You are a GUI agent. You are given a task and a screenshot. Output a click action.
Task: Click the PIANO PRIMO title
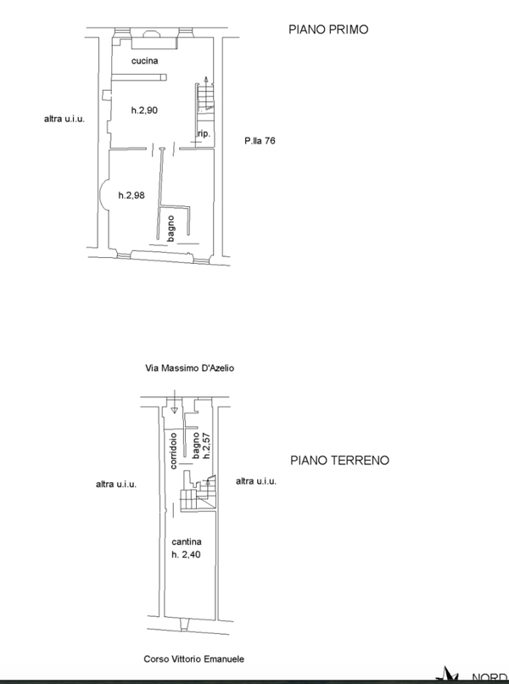pyautogui.click(x=328, y=30)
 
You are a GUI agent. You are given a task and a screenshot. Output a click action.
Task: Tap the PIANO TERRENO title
pyautogui.click(x=340, y=461)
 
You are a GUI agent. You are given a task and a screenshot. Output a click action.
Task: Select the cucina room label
pyautogui.click(x=145, y=61)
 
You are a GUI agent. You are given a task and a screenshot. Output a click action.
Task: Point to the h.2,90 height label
pyautogui.click(x=144, y=110)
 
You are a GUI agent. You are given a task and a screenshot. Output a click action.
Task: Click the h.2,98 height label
pyautogui.click(x=131, y=195)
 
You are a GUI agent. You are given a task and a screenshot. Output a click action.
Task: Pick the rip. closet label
pyautogui.click(x=204, y=134)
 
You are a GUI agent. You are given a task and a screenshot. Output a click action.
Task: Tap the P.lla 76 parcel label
pyautogui.click(x=260, y=141)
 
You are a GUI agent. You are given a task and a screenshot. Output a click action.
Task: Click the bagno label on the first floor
pyautogui.click(x=171, y=228)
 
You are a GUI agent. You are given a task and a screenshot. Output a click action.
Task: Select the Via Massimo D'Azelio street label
pyautogui.click(x=190, y=368)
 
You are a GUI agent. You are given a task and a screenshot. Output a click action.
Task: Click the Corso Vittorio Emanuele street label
pyautogui.click(x=194, y=659)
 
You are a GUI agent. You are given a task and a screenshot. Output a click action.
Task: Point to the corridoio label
pyautogui.click(x=173, y=451)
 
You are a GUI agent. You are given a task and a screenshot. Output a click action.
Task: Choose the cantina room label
pyautogui.click(x=187, y=541)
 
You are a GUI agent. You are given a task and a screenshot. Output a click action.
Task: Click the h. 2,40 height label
pyautogui.click(x=187, y=555)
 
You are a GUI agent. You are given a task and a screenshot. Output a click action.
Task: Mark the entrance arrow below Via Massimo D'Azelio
pyautogui.click(x=174, y=401)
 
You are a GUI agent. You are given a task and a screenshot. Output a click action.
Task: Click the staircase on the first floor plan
pyautogui.click(x=205, y=98)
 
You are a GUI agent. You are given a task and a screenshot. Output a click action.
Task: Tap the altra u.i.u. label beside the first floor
pyautogui.click(x=64, y=119)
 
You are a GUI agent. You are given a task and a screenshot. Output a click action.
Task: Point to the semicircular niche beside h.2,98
pyautogui.click(x=103, y=196)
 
